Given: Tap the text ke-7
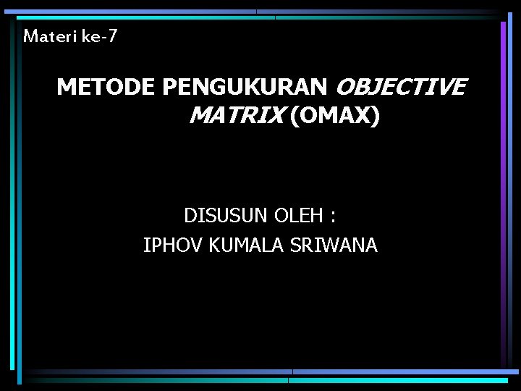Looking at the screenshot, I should point(99,35).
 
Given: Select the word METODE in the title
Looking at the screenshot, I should point(106,88).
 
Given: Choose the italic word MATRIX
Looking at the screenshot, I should point(234,116).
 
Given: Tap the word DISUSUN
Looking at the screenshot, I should point(226,216).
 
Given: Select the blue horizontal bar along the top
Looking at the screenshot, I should point(260,12).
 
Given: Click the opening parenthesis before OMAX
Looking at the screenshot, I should point(292,116).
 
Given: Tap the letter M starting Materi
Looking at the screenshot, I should point(30,35).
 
